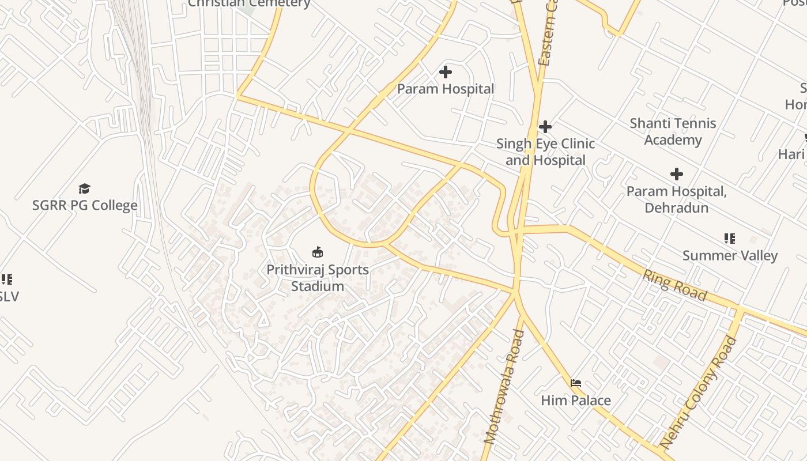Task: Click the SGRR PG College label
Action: coord(85,205)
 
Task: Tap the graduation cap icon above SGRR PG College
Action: coord(85,188)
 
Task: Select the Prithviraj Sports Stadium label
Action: coord(317,277)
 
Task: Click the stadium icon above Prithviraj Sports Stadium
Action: coord(317,252)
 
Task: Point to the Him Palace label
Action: coord(575,400)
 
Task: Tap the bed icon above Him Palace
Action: coord(575,383)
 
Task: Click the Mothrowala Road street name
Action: coord(504,386)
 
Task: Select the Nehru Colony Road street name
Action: coord(698,393)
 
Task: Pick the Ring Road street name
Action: coord(674,285)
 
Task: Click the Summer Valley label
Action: coord(730,255)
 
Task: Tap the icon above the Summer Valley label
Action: coord(730,238)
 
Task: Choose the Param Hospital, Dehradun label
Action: coord(676,199)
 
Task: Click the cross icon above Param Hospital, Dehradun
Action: coord(676,173)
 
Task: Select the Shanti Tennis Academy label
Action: coord(673,131)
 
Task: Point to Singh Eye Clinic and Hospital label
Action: coord(545,152)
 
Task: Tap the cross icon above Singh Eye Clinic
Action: coord(545,126)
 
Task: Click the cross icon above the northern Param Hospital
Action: coord(445,72)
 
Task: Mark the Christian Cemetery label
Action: coord(249,3)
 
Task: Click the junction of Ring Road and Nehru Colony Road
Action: coord(740,311)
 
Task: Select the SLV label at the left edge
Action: coord(9,296)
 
